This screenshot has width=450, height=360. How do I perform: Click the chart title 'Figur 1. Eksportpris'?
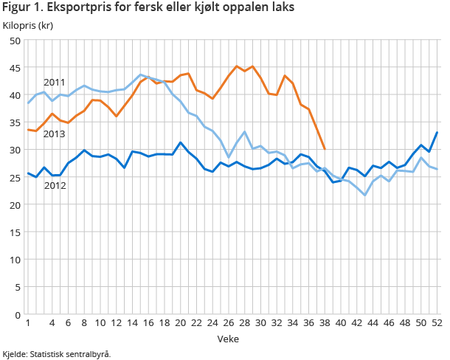coord(148,8)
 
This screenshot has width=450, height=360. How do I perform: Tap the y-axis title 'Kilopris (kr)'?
coord(27,26)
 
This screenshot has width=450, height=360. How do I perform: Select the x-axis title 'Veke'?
coord(227,338)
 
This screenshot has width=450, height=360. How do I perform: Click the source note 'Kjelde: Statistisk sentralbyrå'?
coord(57,353)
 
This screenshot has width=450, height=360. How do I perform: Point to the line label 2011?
coord(55,82)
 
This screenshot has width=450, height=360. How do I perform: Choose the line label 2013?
coord(55,134)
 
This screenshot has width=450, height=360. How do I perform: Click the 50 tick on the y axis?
coord(15,41)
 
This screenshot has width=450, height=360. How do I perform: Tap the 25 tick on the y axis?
coord(15,178)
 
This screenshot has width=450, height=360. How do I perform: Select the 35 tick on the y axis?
coord(15,122)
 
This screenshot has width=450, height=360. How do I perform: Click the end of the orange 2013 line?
coord(325,149)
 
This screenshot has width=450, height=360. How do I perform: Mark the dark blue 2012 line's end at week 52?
coord(437,133)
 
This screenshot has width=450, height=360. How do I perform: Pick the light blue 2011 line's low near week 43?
coord(365,195)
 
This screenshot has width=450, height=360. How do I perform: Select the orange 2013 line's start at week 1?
coord(28,130)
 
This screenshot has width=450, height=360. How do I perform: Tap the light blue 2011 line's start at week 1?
coord(28,103)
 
